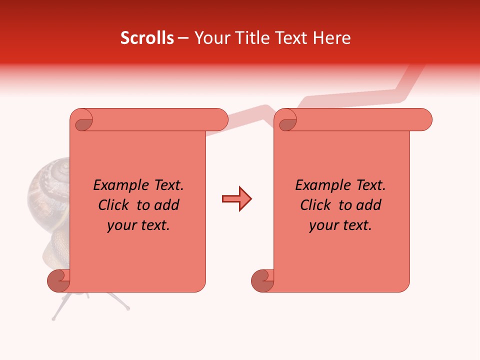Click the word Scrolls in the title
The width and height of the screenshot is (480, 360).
tap(147, 38)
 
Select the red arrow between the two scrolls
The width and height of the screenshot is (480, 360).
tap(236, 199)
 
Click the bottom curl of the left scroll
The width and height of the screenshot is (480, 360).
tap(58, 281)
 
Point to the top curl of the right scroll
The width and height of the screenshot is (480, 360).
tap(287, 120)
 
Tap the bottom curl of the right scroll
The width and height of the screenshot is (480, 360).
tap(262, 281)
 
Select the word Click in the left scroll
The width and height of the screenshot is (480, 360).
tap(114, 205)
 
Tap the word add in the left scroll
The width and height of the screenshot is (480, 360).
tap(167, 205)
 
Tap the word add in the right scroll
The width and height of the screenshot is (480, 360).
tap(369, 205)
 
